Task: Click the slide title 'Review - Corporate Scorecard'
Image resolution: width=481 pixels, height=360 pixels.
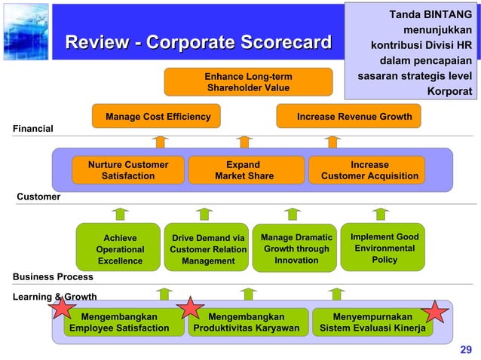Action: click(x=198, y=42)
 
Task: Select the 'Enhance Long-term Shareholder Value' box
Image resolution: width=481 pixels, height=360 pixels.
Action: click(x=248, y=82)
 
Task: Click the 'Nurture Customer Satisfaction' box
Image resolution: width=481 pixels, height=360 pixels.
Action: click(x=127, y=170)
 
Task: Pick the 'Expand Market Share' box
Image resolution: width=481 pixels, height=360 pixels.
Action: click(x=243, y=170)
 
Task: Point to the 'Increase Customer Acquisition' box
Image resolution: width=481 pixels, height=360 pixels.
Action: click(x=369, y=170)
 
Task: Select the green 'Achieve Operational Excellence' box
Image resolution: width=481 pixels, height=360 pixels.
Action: click(x=120, y=249)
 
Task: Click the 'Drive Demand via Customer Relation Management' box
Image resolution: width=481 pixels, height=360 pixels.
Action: click(x=208, y=249)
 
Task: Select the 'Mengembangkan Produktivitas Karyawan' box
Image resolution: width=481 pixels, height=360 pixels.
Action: click(x=247, y=322)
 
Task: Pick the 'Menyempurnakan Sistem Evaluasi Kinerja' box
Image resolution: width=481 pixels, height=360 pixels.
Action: click(x=372, y=322)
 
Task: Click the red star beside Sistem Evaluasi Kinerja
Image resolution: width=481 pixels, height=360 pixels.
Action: click(x=436, y=313)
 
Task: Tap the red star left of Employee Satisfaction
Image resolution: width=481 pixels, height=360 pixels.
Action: click(x=62, y=307)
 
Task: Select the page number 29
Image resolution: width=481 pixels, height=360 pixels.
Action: click(x=465, y=349)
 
